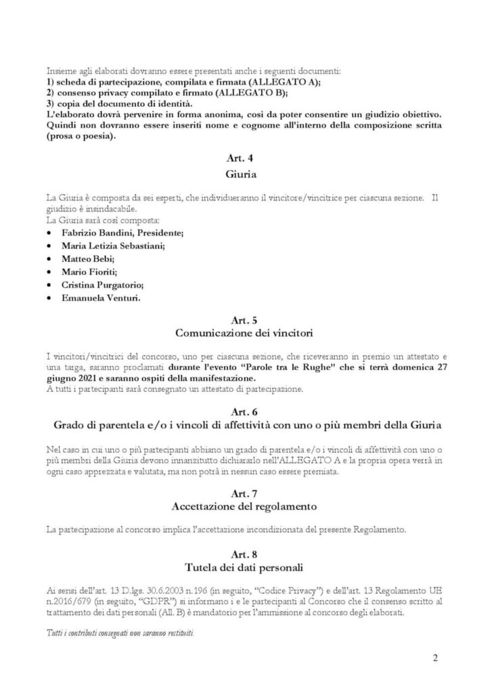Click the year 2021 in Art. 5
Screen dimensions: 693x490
click(x=79, y=378)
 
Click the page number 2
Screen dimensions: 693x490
click(x=435, y=657)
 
